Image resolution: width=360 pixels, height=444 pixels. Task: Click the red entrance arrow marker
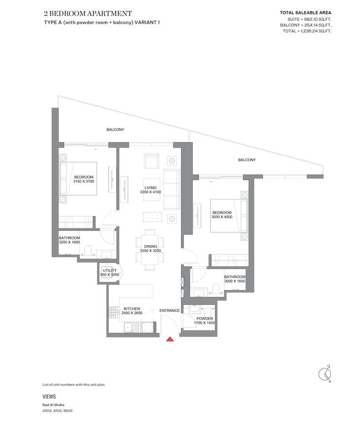pyautogui.click(x=170, y=338)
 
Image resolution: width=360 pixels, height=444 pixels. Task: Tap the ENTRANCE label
pyautogui.click(x=170, y=310)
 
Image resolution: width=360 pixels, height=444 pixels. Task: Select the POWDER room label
pyautogui.click(x=205, y=318)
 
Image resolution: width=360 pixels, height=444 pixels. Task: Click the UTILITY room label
pyautogui.click(x=109, y=270)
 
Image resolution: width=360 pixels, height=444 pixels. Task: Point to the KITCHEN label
pyautogui.click(x=132, y=309)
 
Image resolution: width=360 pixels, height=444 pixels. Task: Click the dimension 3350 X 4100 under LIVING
pyautogui.click(x=150, y=192)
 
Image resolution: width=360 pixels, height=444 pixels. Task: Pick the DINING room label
pyautogui.click(x=150, y=246)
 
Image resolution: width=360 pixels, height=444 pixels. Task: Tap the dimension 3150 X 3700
pyautogui.click(x=83, y=181)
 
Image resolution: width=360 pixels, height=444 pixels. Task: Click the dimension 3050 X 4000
pyautogui.click(x=221, y=217)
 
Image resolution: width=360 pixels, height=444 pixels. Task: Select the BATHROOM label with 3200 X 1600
pyautogui.click(x=70, y=238)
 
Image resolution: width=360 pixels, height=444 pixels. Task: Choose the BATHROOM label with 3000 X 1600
pyautogui.click(x=235, y=277)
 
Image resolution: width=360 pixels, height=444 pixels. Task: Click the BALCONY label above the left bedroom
pyautogui.click(x=115, y=129)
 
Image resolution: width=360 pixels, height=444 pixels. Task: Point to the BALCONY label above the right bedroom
pyautogui.click(x=247, y=160)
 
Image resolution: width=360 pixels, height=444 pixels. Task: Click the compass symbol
pyautogui.click(x=325, y=374)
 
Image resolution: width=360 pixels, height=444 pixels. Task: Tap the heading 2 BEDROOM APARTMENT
pyautogui.click(x=88, y=13)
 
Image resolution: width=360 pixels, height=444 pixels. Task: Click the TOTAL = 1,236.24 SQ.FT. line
pyautogui.click(x=307, y=31)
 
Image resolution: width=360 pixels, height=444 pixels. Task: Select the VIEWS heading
pyautogui.click(x=49, y=397)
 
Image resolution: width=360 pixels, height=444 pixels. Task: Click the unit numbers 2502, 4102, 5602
pyautogui.click(x=58, y=410)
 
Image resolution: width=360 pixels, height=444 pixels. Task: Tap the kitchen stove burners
pyautogui.click(x=114, y=313)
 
